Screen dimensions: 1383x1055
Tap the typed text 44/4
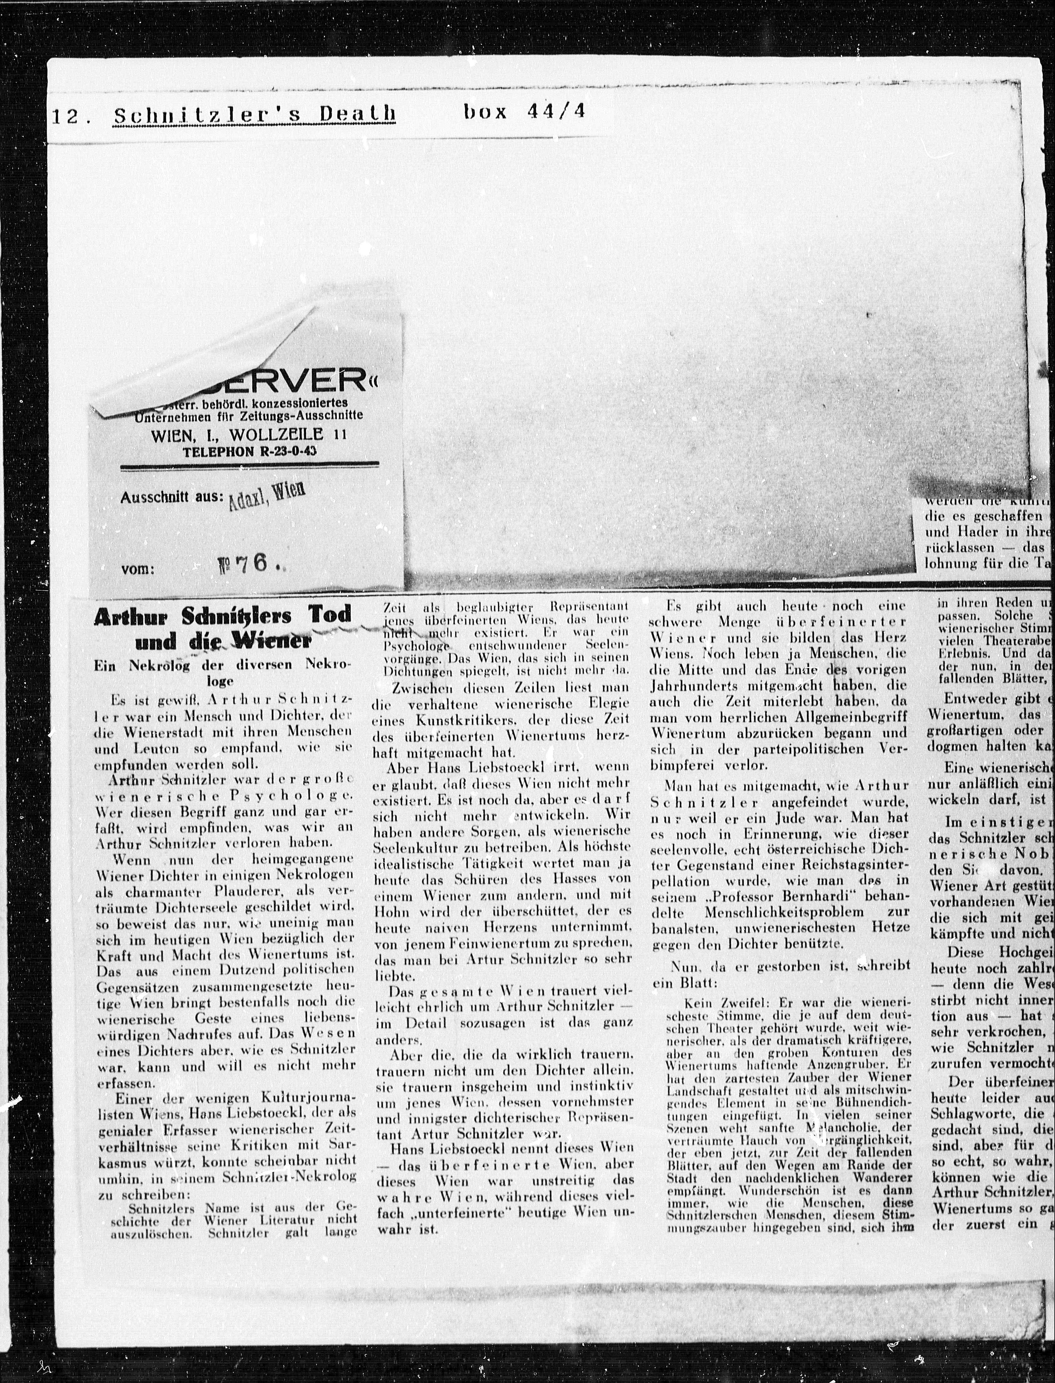tap(558, 112)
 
